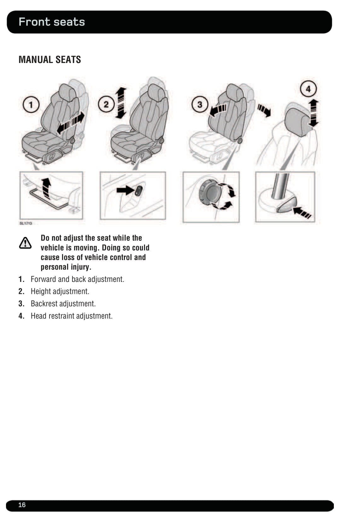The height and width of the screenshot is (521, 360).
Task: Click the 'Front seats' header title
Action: (x=52, y=22)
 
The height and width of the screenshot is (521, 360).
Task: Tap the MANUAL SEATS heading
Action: (x=50, y=60)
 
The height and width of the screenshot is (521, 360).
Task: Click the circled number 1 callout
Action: (x=31, y=105)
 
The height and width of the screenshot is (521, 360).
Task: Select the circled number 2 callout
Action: (x=106, y=105)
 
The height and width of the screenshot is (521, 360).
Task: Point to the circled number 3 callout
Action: (x=200, y=105)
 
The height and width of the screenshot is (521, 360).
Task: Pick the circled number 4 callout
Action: (x=308, y=89)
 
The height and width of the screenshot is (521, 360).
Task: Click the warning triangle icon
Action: (x=25, y=243)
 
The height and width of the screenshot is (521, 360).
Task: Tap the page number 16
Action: (x=22, y=505)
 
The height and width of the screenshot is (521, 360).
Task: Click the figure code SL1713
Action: (x=26, y=223)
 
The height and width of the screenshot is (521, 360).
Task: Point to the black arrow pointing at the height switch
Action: (x=126, y=190)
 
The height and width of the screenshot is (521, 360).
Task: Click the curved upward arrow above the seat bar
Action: (x=47, y=188)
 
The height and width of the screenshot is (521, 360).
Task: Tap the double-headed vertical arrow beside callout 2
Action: (x=121, y=103)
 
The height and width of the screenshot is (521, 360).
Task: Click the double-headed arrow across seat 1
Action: (x=71, y=123)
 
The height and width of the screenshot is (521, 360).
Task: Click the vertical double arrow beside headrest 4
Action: (x=314, y=113)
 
